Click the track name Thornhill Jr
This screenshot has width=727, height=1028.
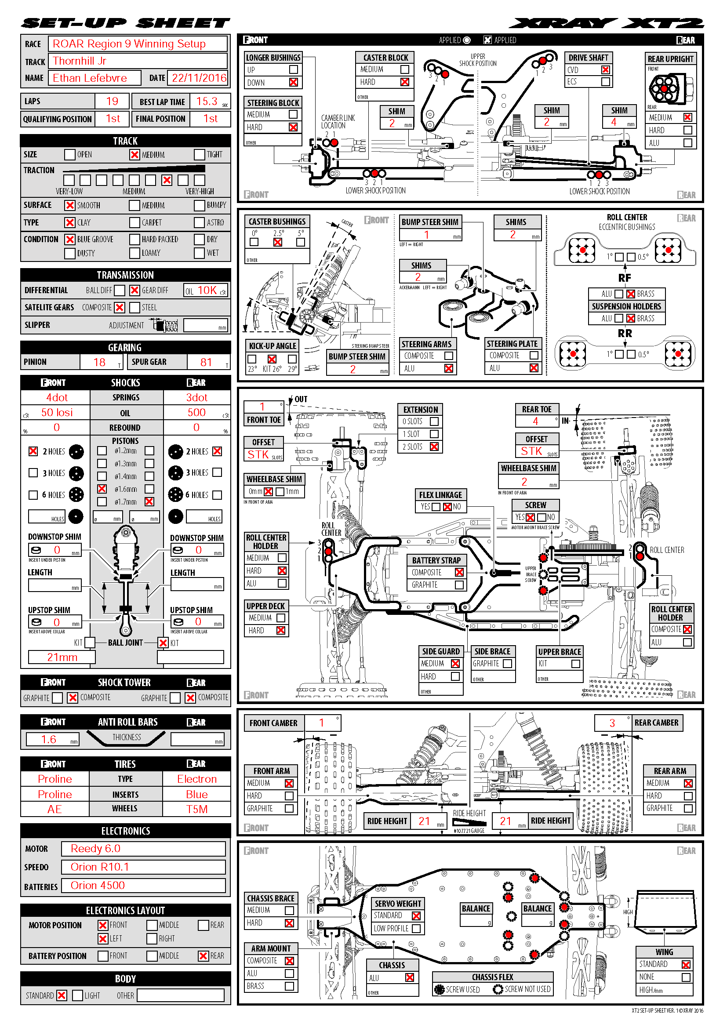click(x=80, y=61)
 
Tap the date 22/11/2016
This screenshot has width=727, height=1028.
click(x=199, y=78)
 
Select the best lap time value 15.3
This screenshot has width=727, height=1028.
click(x=207, y=101)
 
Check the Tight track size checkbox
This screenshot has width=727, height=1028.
click(x=199, y=154)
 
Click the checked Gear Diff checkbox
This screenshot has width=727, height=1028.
click(x=134, y=290)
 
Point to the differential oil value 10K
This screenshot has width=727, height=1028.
click(x=207, y=290)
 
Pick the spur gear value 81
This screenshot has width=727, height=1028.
click(x=206, y=362)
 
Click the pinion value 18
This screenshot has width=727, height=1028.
click(x=99, y=362)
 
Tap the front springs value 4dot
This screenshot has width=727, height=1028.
click(x=57, y=398)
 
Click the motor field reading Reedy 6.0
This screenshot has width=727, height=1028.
click(x=95, y=848)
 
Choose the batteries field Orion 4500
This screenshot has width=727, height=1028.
click(x=98, y=885)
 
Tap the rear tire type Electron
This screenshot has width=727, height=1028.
click(x=196, y=779)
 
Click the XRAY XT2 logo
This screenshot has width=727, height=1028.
click(x=606, y=23)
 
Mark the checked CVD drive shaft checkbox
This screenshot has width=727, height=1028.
click(x=605, y=70)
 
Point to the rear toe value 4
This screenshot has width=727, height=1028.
click(x=535, y=421)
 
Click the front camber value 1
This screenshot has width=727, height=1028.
click(x=321, y=723)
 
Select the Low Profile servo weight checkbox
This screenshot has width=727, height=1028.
click(x=416, y=928)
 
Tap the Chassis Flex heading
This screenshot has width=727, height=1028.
click(x=492, y=977)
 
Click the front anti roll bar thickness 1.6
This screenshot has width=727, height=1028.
click(x=49, y=739)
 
